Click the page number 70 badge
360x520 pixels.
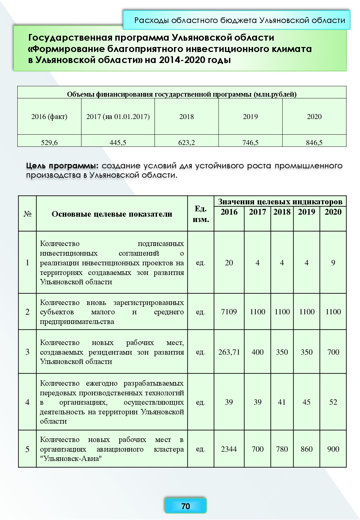(185, 506)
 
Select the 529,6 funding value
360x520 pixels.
(49, 143)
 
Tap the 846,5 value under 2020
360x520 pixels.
(314, 143)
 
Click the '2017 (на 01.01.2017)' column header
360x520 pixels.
(118, 117)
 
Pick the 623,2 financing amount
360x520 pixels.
(186, 143)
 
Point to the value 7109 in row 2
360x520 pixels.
(229, 312)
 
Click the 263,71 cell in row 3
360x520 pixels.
(229, 352)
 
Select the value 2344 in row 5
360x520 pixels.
(229, 449)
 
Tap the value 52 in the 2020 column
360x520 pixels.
(333, 402)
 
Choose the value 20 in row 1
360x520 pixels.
(229, 263)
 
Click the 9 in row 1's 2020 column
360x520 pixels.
(333, 263)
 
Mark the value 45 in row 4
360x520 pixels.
(306, 402)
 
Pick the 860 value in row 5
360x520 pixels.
(306, 449)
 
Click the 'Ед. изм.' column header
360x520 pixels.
(201, 214)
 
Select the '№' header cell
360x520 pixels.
(27, 214)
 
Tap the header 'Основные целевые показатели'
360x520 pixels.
(112, 214)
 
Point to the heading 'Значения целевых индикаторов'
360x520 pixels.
(280, 202)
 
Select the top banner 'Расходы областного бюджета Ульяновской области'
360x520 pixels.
(240, 20)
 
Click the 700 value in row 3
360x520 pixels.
(333, 352)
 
